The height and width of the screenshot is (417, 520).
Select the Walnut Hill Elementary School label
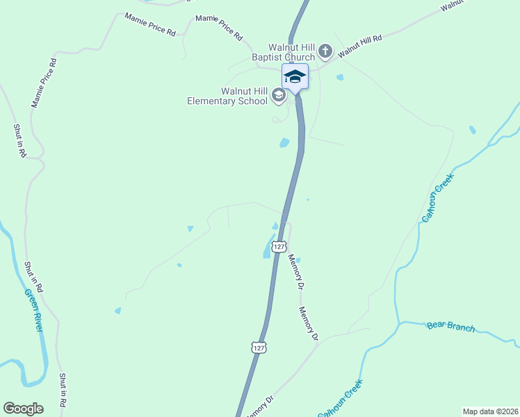point(227,96)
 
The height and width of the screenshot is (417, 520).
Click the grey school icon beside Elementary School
point(278,95)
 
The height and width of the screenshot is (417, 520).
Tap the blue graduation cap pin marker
point(295,76)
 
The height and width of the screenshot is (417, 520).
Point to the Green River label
point(34,310)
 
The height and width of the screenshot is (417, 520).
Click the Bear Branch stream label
point(450,326)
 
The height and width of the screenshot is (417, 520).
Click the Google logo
point(23,409)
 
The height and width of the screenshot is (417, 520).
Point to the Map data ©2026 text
point(489,411)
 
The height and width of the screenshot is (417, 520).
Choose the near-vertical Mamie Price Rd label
point(43,83)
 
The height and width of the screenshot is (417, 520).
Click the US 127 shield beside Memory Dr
point(279,247)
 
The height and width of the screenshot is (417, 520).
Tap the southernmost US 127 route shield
point(259,347)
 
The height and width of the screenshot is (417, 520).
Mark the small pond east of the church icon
point(339,77)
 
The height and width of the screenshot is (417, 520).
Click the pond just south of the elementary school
point(284,143)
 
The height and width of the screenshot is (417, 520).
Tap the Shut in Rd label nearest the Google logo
point(63,389)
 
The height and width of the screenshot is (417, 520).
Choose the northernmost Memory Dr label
point(296,271)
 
